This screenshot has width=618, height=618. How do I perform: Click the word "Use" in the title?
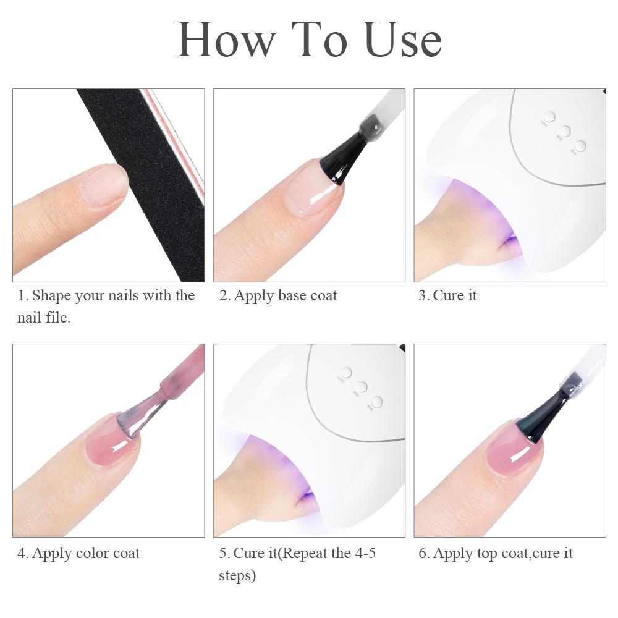(x=402, y=39)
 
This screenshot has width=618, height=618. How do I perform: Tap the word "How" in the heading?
(x=226, y=39)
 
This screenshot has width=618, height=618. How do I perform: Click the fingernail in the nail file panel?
(x=103, y=184)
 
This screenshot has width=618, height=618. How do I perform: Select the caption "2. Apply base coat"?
(x=278, y=295)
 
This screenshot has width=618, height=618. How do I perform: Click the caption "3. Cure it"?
(x=447, y=295)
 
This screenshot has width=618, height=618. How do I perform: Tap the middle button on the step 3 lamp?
(x=564, y=131)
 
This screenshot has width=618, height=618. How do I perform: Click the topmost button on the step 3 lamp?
(x=549, y=117)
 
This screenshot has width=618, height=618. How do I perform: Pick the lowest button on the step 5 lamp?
(x=376, y=402)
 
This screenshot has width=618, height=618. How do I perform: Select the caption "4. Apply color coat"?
(x=78, y=553)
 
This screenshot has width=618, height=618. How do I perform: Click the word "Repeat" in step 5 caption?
(x=305, y=553)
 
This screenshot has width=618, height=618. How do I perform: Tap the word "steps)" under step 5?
(x=237, y=576)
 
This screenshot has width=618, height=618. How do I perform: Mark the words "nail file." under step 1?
(x=44, y=318)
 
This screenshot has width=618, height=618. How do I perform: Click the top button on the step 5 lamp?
(x=345, y=373)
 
